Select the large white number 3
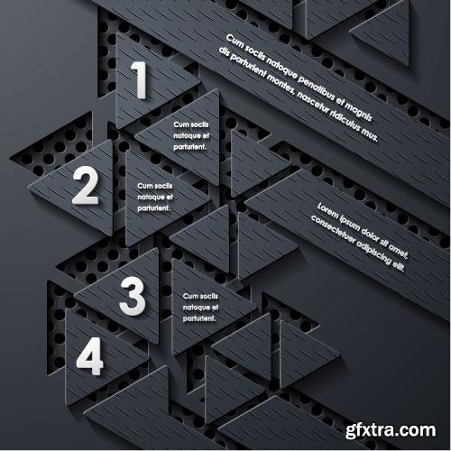tap(132, 295)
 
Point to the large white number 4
tap(89, 356)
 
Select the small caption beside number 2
tap(155, 195)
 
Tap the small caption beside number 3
tap(200, 307)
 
